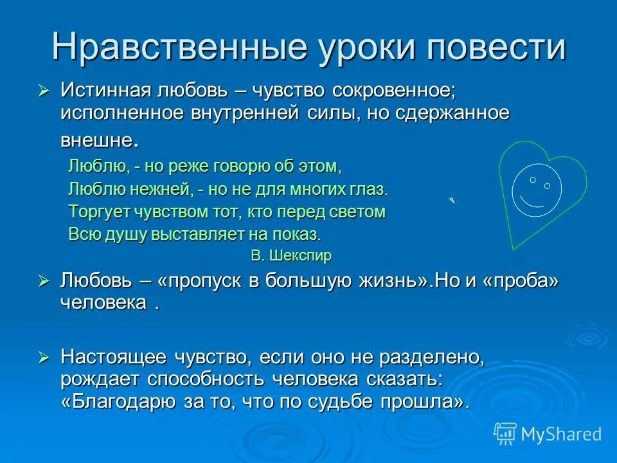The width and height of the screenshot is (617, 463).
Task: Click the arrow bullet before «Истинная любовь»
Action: [44, 91]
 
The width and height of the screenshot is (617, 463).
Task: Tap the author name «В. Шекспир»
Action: [291, 255]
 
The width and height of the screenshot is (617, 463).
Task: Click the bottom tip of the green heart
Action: [512, 248]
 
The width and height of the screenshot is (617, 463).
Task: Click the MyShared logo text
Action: [561, 434]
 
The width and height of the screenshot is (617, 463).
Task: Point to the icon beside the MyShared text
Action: [505, 433]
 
